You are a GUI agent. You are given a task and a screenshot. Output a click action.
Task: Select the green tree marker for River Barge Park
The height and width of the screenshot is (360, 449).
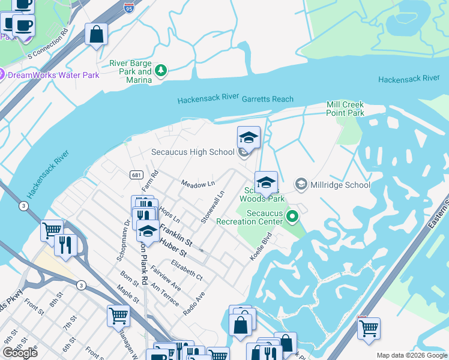coord(160,71)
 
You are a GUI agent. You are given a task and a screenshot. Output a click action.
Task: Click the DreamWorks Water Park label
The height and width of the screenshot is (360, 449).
coord(54,75)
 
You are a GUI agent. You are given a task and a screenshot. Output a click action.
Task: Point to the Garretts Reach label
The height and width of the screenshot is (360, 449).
coord(268,99)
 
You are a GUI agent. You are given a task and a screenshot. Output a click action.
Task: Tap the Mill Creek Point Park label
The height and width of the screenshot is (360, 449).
coord(345,109)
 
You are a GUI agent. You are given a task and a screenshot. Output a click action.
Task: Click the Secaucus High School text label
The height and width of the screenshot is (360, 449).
coord(192,152)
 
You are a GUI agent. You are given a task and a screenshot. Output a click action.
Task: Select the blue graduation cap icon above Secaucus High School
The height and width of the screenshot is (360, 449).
coord(249,138)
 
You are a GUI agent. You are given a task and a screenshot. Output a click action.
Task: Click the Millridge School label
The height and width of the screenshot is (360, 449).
coord(340,185)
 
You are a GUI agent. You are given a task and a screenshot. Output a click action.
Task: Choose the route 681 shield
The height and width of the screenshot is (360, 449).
coord(136,175)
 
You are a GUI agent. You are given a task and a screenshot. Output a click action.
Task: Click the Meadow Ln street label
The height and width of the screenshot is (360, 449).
coord(198,184)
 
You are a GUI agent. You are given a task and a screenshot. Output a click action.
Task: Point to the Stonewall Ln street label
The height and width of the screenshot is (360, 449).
coord(212,207)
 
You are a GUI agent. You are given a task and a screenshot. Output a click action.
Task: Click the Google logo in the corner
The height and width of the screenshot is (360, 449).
coord(19,353)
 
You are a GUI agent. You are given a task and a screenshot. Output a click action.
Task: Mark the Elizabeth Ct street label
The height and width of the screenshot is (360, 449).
coord(187,271)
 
